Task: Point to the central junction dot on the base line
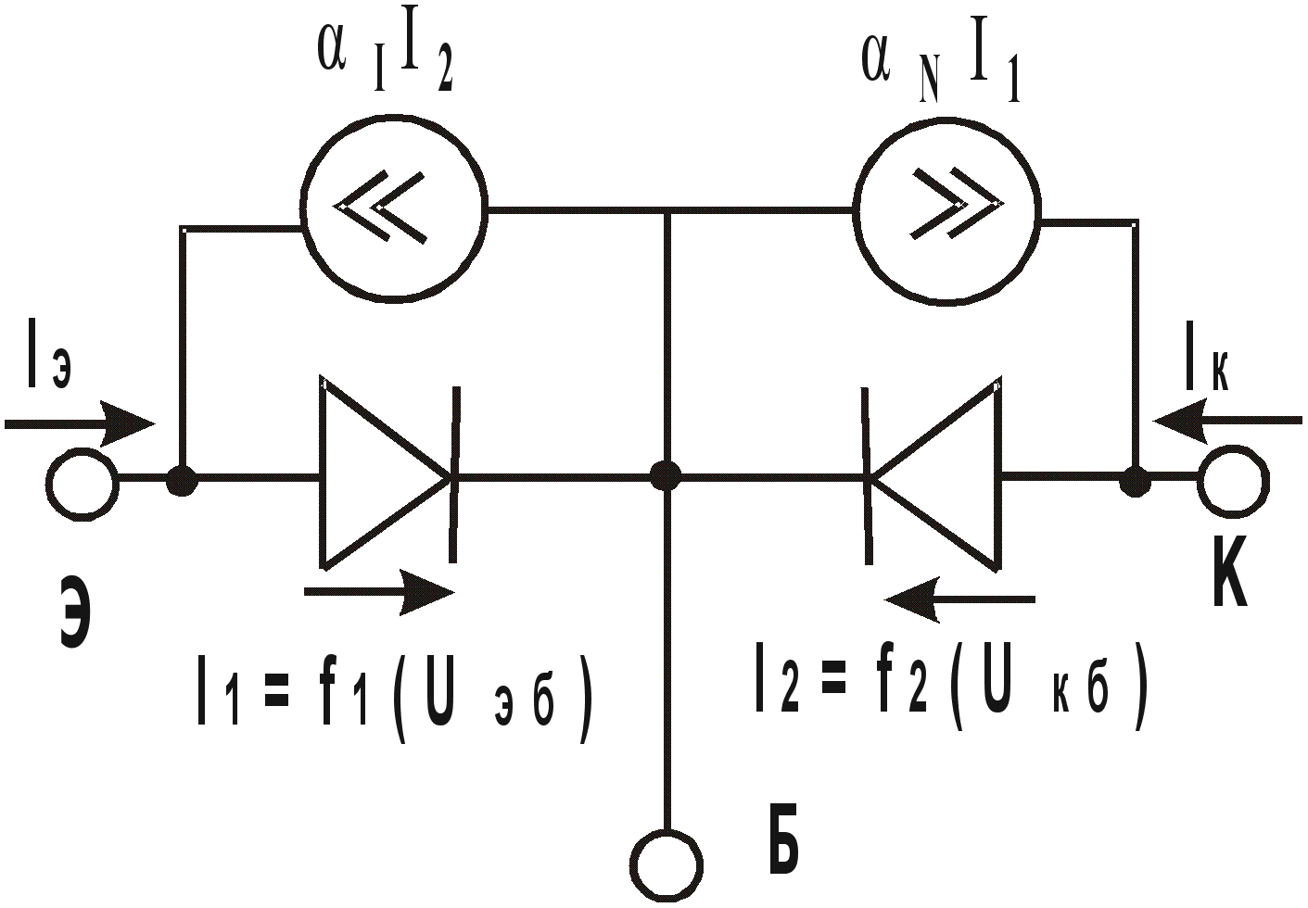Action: (x=666, y=475)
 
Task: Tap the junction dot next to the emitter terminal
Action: (x=183, y=481)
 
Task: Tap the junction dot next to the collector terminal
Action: (x=1135, y=482)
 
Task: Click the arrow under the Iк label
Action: (x=1227, y=421)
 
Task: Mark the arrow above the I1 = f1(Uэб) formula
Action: (x=379, y=592)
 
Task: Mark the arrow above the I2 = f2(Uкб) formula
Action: (x=959, y=599)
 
